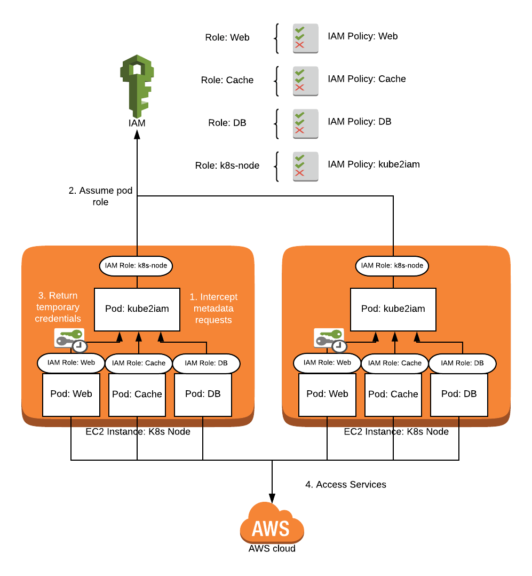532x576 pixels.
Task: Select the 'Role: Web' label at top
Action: click(x=227, y=38)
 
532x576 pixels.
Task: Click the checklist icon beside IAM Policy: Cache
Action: click(x=305, y=81)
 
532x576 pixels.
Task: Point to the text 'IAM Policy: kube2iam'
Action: click(x=374, y=164)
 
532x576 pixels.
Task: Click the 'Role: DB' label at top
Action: click(x=227, y=123)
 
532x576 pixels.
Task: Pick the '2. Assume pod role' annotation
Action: click(x=100, y=196)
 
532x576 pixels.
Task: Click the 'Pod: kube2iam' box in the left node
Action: click(x=137, y=309)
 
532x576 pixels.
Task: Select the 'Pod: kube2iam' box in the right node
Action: click(x=393, y=309)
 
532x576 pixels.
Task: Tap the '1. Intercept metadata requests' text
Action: click(x=213, y=309)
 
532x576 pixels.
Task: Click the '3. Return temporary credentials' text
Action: click(x=58, y=307)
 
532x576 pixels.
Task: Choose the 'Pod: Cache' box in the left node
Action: click(x=137, y=394)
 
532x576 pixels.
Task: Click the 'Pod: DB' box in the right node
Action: click(x=459, y=394)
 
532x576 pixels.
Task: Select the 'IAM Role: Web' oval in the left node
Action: click(x=71, y=362)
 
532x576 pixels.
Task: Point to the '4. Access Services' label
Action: click(x=345, y=485)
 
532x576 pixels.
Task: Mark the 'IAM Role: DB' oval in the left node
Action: click(x=206, y=363)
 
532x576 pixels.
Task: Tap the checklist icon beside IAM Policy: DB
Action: click(x=305, y=123)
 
